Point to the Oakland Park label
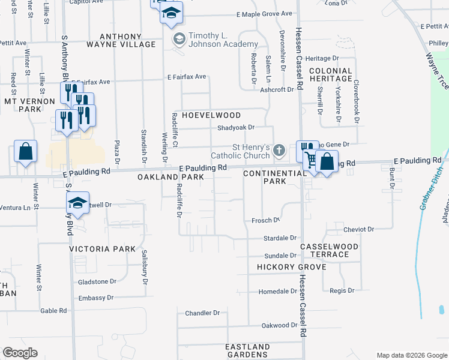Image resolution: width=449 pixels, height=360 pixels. point(171,178)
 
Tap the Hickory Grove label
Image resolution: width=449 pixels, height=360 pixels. point(291,267)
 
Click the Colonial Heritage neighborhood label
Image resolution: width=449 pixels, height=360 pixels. point(331,74)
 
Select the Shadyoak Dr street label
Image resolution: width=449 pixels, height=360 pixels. point(236,127)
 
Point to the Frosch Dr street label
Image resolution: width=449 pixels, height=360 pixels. point(265,220)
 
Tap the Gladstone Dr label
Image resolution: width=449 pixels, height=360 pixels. point(97,281)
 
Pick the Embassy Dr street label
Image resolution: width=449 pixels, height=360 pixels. point(96,298)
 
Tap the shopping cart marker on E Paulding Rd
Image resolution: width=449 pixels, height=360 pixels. point(310,160)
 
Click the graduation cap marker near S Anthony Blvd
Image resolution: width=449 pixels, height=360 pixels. point(77,203)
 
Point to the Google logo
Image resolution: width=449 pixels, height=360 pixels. point(20,353)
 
